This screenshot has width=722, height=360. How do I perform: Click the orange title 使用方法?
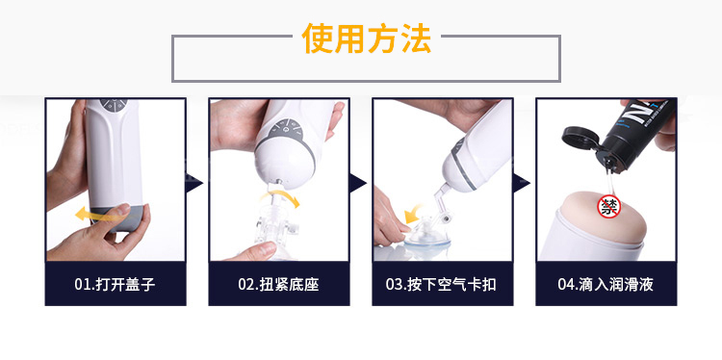(x=367, y=39)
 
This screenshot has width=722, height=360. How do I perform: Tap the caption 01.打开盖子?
(x=116, y=284)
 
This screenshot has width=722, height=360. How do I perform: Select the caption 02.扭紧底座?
(x=278, y=284)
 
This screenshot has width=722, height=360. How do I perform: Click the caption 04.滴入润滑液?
(x=606, y=284)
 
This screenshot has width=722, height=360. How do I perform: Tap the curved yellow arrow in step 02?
(x=280, y=197)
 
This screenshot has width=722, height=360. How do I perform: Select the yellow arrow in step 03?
(x=415, y=214)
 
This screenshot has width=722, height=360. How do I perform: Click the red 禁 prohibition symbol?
(x=608, y=206)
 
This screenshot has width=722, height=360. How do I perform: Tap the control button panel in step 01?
(x=114, y=105)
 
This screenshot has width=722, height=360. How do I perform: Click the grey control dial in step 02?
(x=284, y=129)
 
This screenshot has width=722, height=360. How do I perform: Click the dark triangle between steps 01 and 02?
(x=194, y=183)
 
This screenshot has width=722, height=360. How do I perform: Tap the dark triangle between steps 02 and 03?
(x=358, y=183)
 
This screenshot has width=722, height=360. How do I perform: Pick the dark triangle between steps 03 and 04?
(x=521, y=183)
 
